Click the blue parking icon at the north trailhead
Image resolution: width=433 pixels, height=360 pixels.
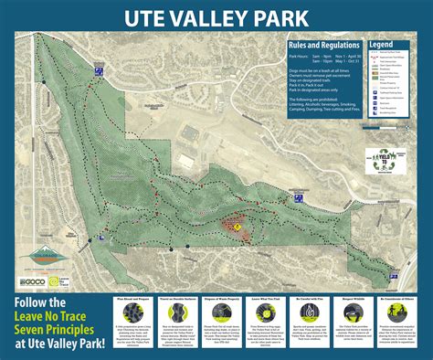pyautogui.click(x=94, y=69)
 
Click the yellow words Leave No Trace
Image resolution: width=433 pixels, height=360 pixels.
pyautogui.click(x=60, y=315)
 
